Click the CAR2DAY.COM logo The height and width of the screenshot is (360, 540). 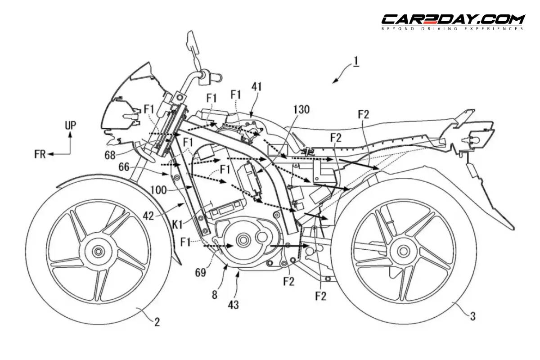click(453, 22)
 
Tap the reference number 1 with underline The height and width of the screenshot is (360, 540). click(356, 62)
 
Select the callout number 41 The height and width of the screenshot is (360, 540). click(256, 86)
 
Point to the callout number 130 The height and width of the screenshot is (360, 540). click(301, 109)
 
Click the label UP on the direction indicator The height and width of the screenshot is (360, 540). click(70, 126)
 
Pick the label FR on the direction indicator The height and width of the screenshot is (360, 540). click(40, 154)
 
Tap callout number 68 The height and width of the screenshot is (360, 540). click(110, 155)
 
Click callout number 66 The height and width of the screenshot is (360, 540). click(124, 167)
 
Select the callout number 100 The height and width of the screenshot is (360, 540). click(158, 190)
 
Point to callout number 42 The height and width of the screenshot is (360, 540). click(148, 216)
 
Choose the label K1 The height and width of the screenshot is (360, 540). click(177, 225)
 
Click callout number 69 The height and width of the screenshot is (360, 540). click(201, 272)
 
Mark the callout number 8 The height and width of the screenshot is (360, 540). click(215, 294)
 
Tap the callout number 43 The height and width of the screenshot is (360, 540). click(233, 305)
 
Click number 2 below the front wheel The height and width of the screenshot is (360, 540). click(157, 322)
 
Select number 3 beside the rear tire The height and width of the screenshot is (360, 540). click(473, 316)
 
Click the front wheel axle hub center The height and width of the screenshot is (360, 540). click(98, 252)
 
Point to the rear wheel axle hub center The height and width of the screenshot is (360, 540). click(403, 252)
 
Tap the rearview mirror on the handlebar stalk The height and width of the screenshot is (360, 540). click(193, 43)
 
